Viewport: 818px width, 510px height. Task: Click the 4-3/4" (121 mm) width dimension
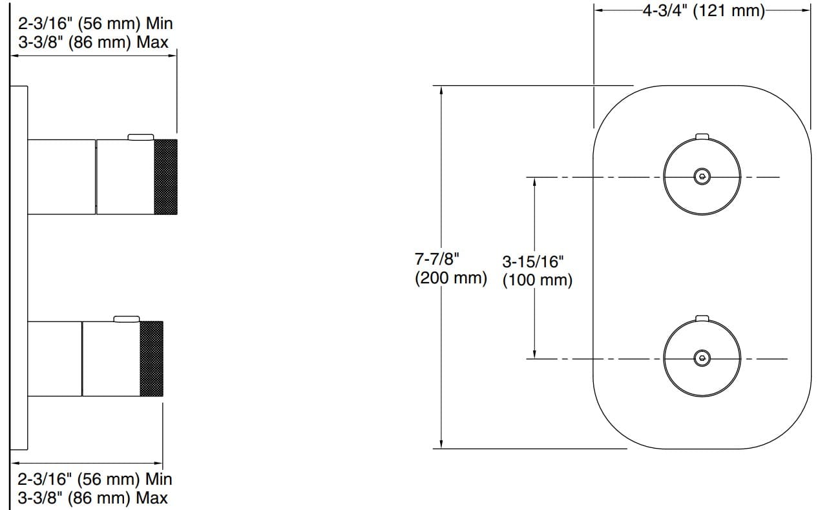coord(704,11)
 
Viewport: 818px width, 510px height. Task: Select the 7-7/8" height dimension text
coord(437,260)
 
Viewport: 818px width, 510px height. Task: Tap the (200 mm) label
coord(450,279)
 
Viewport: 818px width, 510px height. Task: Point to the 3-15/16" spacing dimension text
coord(533,262)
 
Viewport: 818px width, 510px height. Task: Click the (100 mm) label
coord(538,281)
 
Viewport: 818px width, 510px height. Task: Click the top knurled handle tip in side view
coord(165,176)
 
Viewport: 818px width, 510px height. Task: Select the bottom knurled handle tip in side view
coord(151,358)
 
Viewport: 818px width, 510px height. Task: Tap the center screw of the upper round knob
coord(702,176)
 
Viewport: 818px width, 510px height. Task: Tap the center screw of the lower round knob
coord(702,358)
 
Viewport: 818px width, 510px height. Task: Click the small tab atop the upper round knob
coord(702,136)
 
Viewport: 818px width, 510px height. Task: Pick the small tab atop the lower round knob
coord(702,318)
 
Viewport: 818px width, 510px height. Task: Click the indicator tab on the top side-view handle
coord(141,136)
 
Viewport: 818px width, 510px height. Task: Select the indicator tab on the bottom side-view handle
coord(127,318)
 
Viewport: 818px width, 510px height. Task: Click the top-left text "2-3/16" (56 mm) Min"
coord(95,25)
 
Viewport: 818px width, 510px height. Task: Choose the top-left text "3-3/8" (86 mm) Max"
coord(92,43)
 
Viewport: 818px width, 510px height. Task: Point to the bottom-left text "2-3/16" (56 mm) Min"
coord(95,480)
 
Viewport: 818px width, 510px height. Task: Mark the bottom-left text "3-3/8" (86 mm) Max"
coord(92,498)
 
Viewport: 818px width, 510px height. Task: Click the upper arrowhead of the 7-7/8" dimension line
coord(441,90)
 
